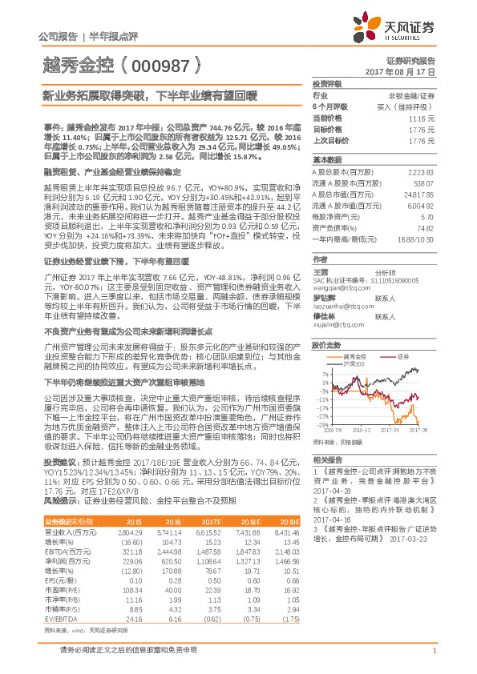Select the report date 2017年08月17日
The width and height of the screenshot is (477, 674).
(408, 72)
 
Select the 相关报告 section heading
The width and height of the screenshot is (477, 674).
(327, 459)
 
